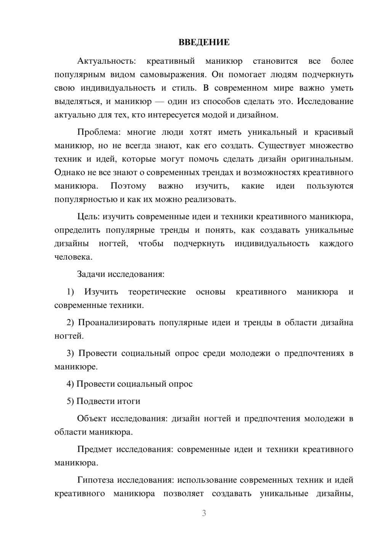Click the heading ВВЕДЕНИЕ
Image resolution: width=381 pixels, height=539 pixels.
point(204,42)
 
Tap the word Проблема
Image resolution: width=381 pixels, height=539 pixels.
point(98,132)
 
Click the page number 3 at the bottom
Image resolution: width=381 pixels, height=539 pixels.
point(204,513)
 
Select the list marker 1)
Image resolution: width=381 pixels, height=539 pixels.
point(70,292)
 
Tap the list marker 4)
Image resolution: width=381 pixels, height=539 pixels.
point(70,384)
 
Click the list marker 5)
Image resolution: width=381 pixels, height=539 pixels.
point(70,401)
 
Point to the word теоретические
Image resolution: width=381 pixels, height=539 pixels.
point(157,292)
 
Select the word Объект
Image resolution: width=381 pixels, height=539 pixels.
point(92,419)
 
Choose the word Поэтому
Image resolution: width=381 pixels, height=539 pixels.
point(128,186)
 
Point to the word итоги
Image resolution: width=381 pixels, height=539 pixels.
point(129,401)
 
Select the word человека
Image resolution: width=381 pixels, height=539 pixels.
point(73,257)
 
